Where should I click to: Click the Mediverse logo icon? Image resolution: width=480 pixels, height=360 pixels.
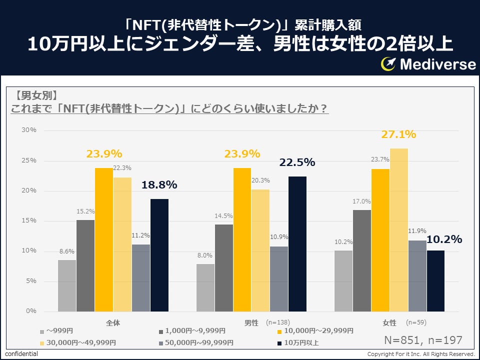pos(388,63)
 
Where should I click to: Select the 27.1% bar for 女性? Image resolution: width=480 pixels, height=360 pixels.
pos(398,230)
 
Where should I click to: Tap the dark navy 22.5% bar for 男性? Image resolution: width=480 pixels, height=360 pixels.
pos(297,244)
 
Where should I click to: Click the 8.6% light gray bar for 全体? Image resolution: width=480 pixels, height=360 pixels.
pos(67,285)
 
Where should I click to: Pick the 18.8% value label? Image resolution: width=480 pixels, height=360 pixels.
pos(159,185)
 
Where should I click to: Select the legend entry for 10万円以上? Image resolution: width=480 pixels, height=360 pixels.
pos(300,342)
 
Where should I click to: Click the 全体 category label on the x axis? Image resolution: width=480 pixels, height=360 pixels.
pos(113,322)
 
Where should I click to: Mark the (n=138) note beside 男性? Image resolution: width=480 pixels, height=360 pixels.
pos(277,322)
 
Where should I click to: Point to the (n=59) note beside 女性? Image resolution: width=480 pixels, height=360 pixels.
pos(416,322)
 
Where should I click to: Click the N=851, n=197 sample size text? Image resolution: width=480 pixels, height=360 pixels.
pos(422,340)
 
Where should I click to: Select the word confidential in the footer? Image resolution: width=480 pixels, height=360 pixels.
pos(21,354)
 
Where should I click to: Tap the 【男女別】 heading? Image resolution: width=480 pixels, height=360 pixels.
pos(36,95)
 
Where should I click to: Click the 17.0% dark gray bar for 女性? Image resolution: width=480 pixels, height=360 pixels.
pos(361,260)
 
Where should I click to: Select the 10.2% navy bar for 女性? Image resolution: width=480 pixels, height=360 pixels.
pos(435,281)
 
